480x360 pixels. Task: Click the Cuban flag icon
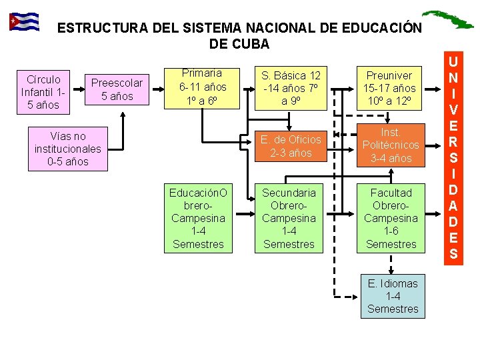pos(23,22)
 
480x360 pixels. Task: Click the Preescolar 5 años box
pos(117,89)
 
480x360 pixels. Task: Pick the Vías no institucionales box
pos(67,149)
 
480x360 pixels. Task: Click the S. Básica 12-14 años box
pos(291,88)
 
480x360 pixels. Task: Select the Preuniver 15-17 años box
pos(389,88)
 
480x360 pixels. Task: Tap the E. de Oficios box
pos(291,146)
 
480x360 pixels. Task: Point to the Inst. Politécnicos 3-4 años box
pos(391,145)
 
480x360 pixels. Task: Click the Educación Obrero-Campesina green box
pos(198,218)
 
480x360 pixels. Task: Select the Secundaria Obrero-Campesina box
pos(289,218)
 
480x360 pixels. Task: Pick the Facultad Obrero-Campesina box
pos(391,218)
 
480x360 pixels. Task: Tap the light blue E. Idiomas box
pos(393,296)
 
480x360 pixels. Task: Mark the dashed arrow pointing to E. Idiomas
pos(347,296)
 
